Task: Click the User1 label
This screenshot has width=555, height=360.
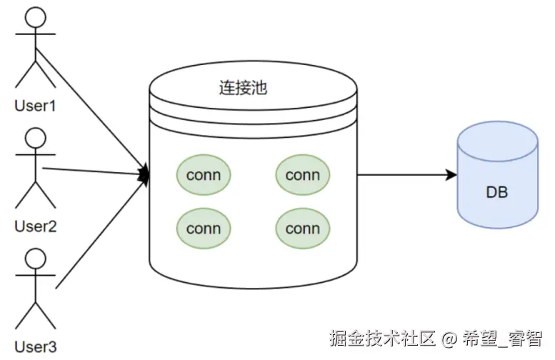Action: pos(35,106)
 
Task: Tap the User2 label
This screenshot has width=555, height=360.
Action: pos(35,226)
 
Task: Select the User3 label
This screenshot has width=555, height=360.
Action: pos(35,347)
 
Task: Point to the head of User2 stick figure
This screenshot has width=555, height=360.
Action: pos(34,137)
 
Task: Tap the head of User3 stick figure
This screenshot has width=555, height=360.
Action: pos(34,257)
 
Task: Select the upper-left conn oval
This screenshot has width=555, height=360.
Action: pos(204,174)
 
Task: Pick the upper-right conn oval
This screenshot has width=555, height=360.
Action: pos(302,174)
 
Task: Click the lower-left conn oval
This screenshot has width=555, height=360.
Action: pos(204,229)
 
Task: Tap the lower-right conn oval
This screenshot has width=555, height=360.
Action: pos(302,229)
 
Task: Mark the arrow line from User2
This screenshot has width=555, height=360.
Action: pos(93,171)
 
